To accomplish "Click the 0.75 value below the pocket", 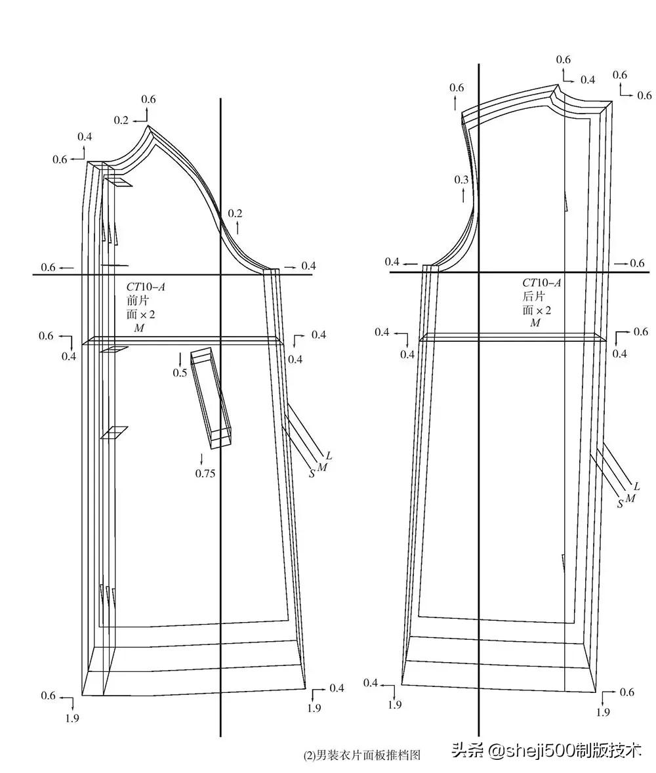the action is click(205, 473).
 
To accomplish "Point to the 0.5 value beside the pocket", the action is click(180, 373).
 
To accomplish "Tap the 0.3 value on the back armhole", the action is click(461, 180).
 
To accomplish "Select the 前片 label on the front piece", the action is click(138, 301).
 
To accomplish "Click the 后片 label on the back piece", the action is click(534, 297).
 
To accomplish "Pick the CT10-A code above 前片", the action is click(146, 286).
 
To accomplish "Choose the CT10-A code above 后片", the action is click(542, 282).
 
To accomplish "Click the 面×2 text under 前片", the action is click(141, 314).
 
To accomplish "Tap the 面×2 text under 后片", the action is click(537, 310).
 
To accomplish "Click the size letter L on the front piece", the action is click(329, 455).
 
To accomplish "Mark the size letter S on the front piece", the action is click(312, 474).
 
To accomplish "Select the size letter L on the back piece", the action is click(636, 486).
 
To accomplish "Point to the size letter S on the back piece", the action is click(620, 504).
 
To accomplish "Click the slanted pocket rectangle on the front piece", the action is click(211, 398).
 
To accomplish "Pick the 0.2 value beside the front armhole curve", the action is click(235, 213).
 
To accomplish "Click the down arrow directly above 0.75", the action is click(201, 458).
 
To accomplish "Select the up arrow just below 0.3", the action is click(462, 196).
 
